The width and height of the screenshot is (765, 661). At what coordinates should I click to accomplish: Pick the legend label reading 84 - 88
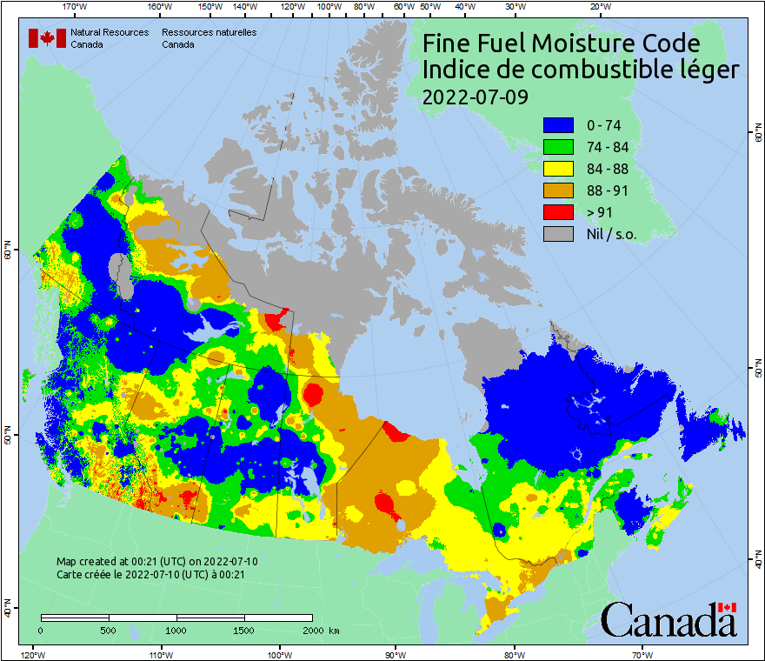(608, 169)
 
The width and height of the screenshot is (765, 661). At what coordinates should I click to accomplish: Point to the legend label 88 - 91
(608, 190)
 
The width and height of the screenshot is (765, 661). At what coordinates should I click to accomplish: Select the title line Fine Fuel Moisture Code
(561, 43)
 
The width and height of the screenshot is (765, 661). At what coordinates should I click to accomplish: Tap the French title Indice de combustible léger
(580, 70)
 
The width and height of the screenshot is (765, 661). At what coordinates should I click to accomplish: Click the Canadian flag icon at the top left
(47, 38)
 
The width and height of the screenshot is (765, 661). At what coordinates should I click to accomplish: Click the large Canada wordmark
(668, 620)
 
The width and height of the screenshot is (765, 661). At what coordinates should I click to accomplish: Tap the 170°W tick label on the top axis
(76, 7)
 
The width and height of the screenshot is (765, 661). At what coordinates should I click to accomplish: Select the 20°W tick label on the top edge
(598, 7)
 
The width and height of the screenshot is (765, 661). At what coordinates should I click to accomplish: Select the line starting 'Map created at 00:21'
(156, 562)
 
